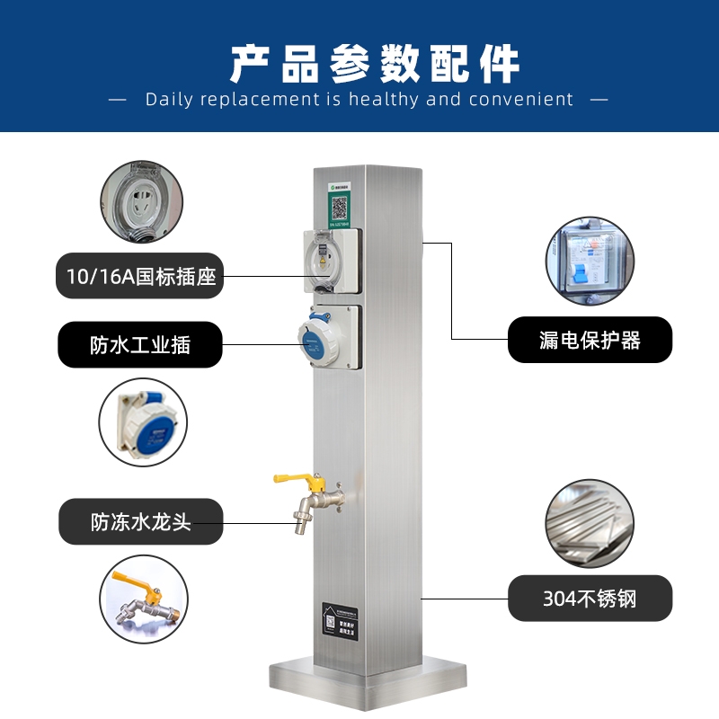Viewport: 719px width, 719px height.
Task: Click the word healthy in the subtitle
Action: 385,100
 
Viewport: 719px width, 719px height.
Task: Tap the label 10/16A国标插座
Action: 140,276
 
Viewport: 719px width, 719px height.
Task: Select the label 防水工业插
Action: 140,344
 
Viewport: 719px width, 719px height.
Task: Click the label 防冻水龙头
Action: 140,521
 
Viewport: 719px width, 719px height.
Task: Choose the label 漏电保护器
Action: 590,340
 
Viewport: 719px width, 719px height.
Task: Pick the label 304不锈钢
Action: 590,598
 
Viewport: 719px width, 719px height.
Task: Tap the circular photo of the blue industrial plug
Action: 143,422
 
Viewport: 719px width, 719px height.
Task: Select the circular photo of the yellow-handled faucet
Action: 143,599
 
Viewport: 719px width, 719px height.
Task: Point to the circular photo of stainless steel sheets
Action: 590,523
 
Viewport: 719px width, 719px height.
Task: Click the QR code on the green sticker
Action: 339,208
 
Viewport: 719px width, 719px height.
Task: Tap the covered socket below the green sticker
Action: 330,260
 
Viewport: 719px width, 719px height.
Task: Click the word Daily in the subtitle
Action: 170,100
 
